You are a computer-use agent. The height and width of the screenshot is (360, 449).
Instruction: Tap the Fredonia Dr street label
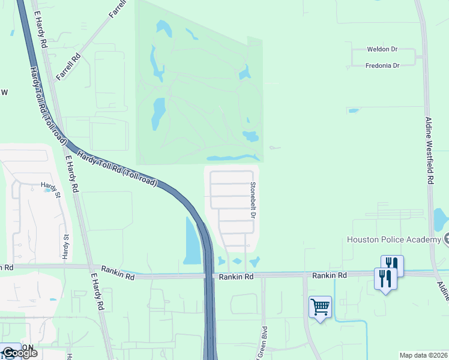[382, 65]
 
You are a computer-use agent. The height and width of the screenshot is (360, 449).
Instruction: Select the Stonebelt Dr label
[253, 200]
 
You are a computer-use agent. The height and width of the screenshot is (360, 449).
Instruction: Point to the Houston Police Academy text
[394, 240]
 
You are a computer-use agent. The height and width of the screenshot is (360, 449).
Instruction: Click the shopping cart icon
[320, 307]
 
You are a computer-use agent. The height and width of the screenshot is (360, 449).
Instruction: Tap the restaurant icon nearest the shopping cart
[385, 278]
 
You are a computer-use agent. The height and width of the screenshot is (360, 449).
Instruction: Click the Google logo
[19, 352]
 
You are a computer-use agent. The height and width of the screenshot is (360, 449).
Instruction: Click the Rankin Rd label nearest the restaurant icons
[330, 275]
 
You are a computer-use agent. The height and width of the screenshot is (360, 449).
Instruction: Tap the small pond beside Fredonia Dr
[353, 110]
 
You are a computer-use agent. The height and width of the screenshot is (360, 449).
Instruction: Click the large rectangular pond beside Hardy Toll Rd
[191, 243]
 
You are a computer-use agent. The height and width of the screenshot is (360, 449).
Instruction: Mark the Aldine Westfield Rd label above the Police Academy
[429, 150]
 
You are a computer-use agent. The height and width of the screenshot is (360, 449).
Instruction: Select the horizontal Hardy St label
[49, 185]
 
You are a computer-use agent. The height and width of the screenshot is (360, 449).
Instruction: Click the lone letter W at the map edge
[4, 92]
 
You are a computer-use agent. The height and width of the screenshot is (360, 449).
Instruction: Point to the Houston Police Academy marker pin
[447, 240]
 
